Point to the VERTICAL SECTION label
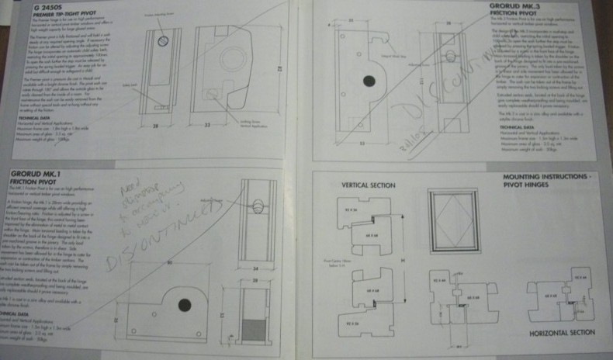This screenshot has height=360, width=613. (x=368, y=185)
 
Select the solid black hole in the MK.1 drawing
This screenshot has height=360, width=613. (x=185, y=305)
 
